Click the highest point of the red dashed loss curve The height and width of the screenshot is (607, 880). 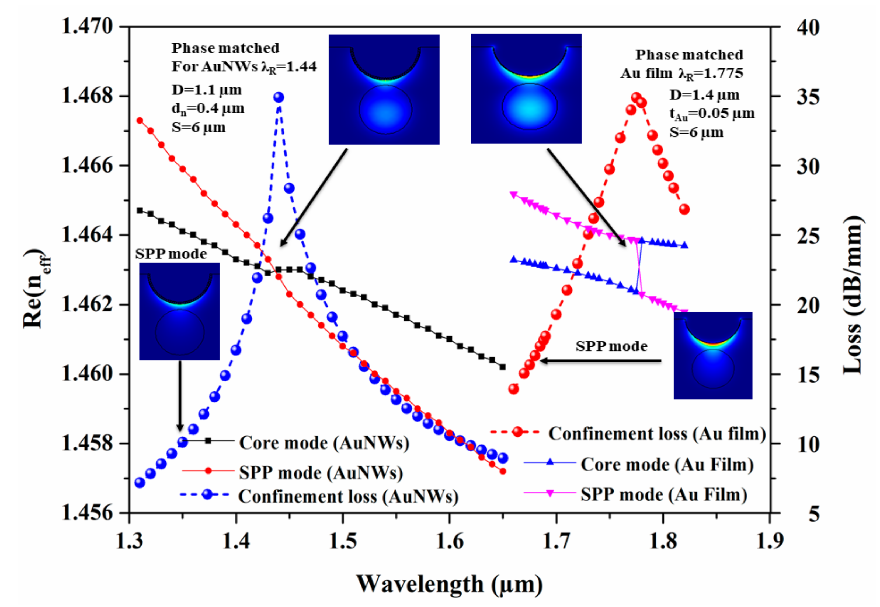(x=636, y=98)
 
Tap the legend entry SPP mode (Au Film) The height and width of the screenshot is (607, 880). (x=664, y=494)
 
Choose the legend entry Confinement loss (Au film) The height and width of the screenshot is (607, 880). (x=657, y=434)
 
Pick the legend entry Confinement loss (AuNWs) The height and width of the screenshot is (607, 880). (x=348, y=496)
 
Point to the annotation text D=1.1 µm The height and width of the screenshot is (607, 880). (x=207, y=90)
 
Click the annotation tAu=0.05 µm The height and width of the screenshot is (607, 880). (x=712, y=113)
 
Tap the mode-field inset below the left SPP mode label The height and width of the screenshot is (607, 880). (x=179, y=311)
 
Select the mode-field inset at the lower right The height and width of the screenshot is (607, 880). (x=713, y=356)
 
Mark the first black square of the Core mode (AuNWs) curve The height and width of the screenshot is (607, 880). (x=140, y=210)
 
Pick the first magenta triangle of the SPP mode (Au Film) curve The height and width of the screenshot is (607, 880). (x=513, y=195)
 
